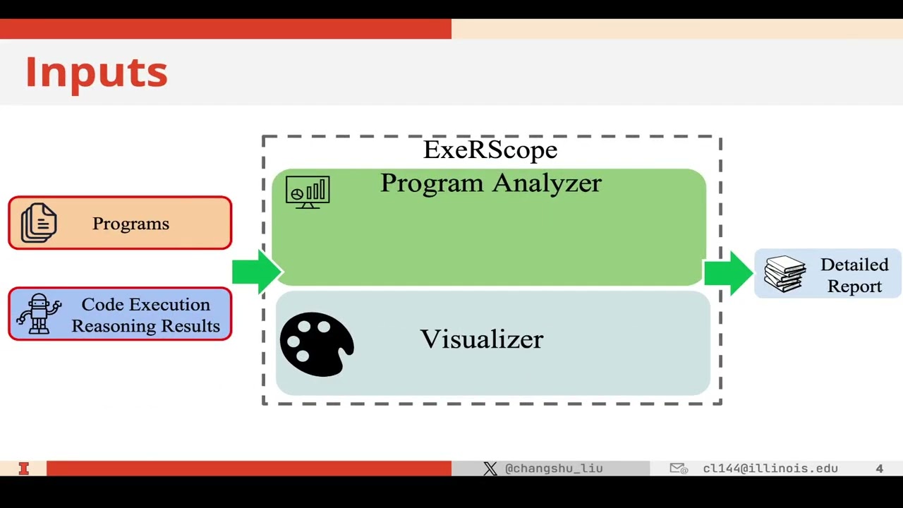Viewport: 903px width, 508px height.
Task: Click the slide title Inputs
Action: (x=97, y=73)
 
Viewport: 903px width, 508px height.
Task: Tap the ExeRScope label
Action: (x=490, y=150)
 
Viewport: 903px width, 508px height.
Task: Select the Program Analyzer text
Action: (x=491, y=183)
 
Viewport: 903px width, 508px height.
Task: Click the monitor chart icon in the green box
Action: (x=308, y=192)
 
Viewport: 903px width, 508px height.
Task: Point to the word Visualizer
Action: (x=482, y=339)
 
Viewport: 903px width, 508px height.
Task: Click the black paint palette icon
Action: (x=317, y=344)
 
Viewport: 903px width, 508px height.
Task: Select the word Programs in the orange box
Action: (x=131, y=224)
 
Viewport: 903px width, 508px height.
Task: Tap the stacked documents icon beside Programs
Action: (x=39, y=223)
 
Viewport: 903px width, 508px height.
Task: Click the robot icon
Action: (x=40, y=314)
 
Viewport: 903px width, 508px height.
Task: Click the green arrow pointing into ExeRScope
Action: (x=257, y=272)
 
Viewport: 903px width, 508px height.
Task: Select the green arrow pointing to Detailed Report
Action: (x=729, y=272)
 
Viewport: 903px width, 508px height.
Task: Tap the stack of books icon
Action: (x=785, y=274)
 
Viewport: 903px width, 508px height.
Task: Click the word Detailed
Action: (x=854, y=265)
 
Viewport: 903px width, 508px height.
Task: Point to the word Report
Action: (x=854, y=286)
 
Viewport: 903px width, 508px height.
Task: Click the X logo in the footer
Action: (x=490, y=468)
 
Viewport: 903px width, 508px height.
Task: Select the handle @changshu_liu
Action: (x=554, y=468)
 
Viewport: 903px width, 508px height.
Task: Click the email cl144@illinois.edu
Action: (x=770, y=468)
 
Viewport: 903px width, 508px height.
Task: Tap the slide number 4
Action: (x=879, y=468)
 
